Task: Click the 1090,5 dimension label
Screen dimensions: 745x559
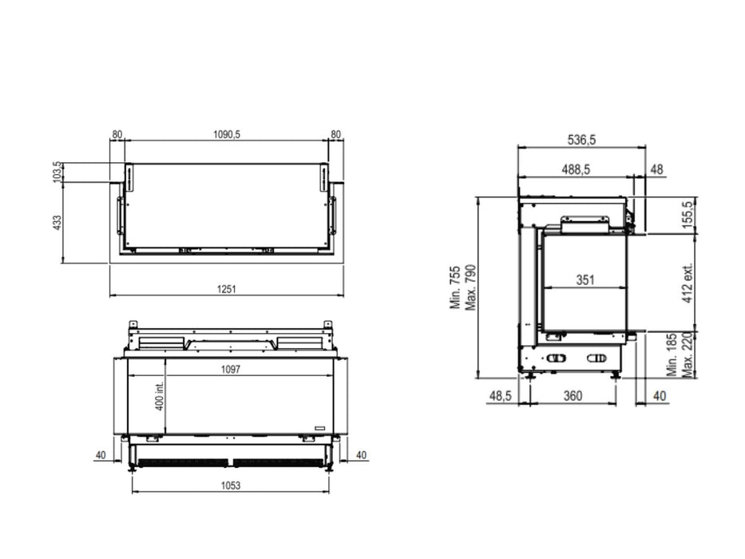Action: pyautogui.click(x=227, y=134)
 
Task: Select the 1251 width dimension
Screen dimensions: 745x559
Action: pyautogui.click(x=227, y=288)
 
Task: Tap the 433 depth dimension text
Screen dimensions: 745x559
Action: pyautogui.click(x=57, y=223)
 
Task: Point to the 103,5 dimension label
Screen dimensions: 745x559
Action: pyautogui.click(x=57, y=172)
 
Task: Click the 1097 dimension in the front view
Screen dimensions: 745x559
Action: pyautogui.click(x=231, y=369)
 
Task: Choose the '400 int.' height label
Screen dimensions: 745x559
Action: pyautogui.click(x=160, y=396)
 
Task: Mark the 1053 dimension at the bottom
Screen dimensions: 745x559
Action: pyautogui.click(x=231, y=486)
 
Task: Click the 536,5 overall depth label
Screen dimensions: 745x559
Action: pyautogui.click(x=581, y=140)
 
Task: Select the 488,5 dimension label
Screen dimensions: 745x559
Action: pyautogui.click(x=576, y=169)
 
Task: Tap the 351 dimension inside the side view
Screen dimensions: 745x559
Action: pyautogui.click(x=585, y=280)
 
